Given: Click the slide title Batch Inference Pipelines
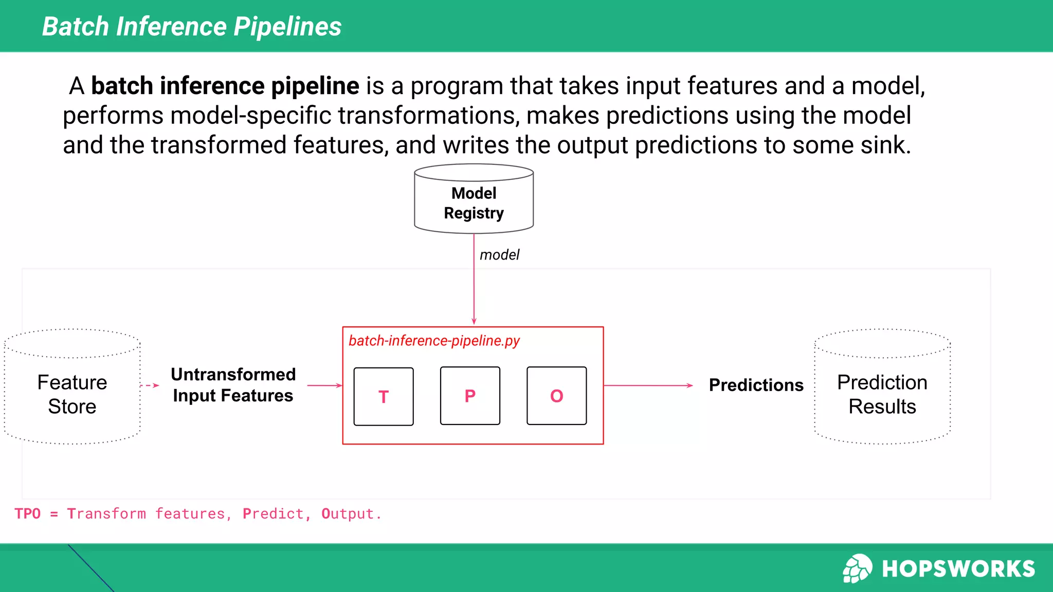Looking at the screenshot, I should (191, 27).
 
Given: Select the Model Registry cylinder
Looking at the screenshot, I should (474, 202).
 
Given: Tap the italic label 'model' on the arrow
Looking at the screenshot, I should (499, 255).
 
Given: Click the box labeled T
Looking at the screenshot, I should (384, 396).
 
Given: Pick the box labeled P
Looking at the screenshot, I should (470, 396).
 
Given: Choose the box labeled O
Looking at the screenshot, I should (556, 396).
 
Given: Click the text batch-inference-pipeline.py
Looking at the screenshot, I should (434, 341).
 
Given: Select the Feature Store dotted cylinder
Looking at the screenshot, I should (72, 394).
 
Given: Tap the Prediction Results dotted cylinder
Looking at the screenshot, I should (882, 394).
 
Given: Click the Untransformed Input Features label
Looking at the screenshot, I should (233, 385).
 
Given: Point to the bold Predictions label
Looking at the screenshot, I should (756, 385).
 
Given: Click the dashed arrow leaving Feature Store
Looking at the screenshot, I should (150, 385).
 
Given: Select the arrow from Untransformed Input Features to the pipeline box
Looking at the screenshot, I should (324, 385).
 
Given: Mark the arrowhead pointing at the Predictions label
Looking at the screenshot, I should (690, 385).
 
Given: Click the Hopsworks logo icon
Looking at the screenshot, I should (857, 568).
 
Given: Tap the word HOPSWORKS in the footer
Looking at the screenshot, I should (958, 569).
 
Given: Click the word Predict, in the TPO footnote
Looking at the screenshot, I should (277, 514).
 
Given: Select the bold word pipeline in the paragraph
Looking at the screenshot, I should (315, 86).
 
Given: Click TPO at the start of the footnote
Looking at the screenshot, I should (28, 514).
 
